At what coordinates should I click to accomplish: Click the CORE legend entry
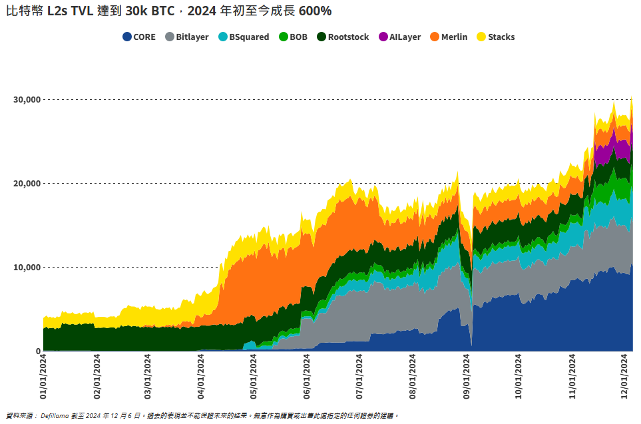pyautogui.click(x=139, y=37)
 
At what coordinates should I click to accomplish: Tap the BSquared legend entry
pyautogui.click(x=244, y=37)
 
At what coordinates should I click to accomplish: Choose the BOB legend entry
pyautogui.click(x=293, y=37)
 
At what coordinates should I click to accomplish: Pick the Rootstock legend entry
pyautogui.click(x=343, y=37)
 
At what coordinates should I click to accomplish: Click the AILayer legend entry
pyautogui.click(x=399, y=37)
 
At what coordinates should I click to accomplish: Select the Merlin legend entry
pyautogui.click(x=449, y=37)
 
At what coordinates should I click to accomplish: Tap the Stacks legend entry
pyautogui.click(x=496, y=37)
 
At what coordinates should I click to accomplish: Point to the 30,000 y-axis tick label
pyautogui.click(x=27, y=99)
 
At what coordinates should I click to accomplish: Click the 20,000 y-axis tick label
pyautogui.click(x=27, y=183)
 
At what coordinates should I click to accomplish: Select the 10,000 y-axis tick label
pyautogui.click(x=27, y=267)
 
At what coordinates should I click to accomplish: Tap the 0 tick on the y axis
pyautogui.click(x=38, y=351)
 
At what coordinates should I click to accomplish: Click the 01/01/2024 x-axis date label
pyautogui.click(x=43, y=377)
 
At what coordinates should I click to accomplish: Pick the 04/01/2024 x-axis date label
pyautogui.click(x=202, y=377)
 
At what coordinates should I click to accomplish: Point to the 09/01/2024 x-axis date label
pyautogui.click(x=467, y=377)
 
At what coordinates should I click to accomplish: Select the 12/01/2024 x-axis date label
pyautogui.click(x=625, y=377)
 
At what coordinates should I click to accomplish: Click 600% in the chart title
pyautogui.click(x=315, y=11)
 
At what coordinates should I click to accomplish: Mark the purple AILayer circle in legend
pyautogui.click(x=383, y=37)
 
